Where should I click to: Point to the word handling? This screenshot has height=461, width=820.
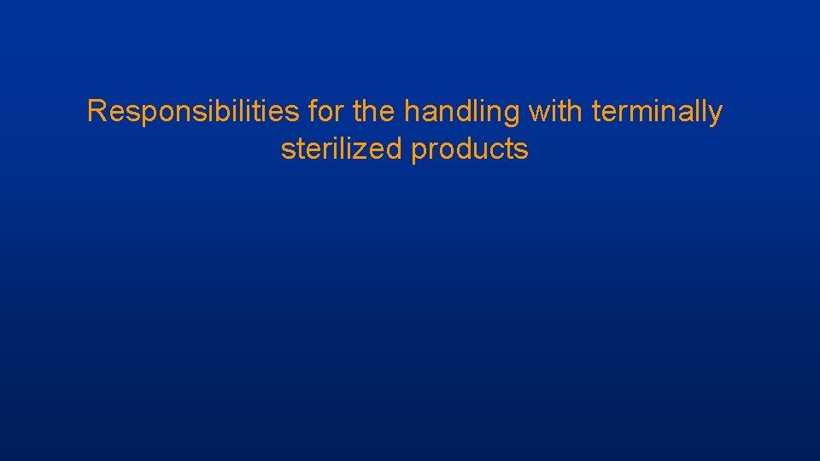[462, 112]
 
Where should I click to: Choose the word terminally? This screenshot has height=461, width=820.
[657, 112]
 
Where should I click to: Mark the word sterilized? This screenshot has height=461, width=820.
[342, 149]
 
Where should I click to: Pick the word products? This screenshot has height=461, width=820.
[470, 149]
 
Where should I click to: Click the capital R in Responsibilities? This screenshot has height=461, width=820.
[97, 112]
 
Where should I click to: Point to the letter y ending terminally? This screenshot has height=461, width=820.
[715, 115]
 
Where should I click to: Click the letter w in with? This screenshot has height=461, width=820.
[539, 113]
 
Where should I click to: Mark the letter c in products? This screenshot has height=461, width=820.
[500, 150]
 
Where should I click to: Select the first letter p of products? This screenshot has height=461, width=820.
[419, 152]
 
